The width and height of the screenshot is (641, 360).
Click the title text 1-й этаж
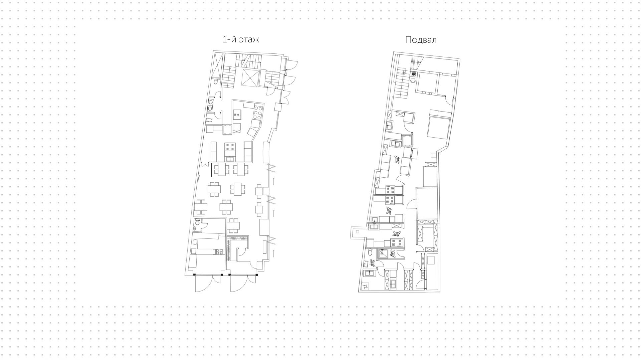pos(240,39)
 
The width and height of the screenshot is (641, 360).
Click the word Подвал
pos(421,40)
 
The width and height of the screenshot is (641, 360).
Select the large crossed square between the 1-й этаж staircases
pos(250,77)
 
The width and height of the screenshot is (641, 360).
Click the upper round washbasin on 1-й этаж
pos(211,102)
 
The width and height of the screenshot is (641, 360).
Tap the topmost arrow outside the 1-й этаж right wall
pos(273,181)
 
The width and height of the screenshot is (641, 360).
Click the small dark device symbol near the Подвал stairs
pos(414,74)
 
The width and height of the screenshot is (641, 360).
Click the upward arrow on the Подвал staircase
pos(403,71)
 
